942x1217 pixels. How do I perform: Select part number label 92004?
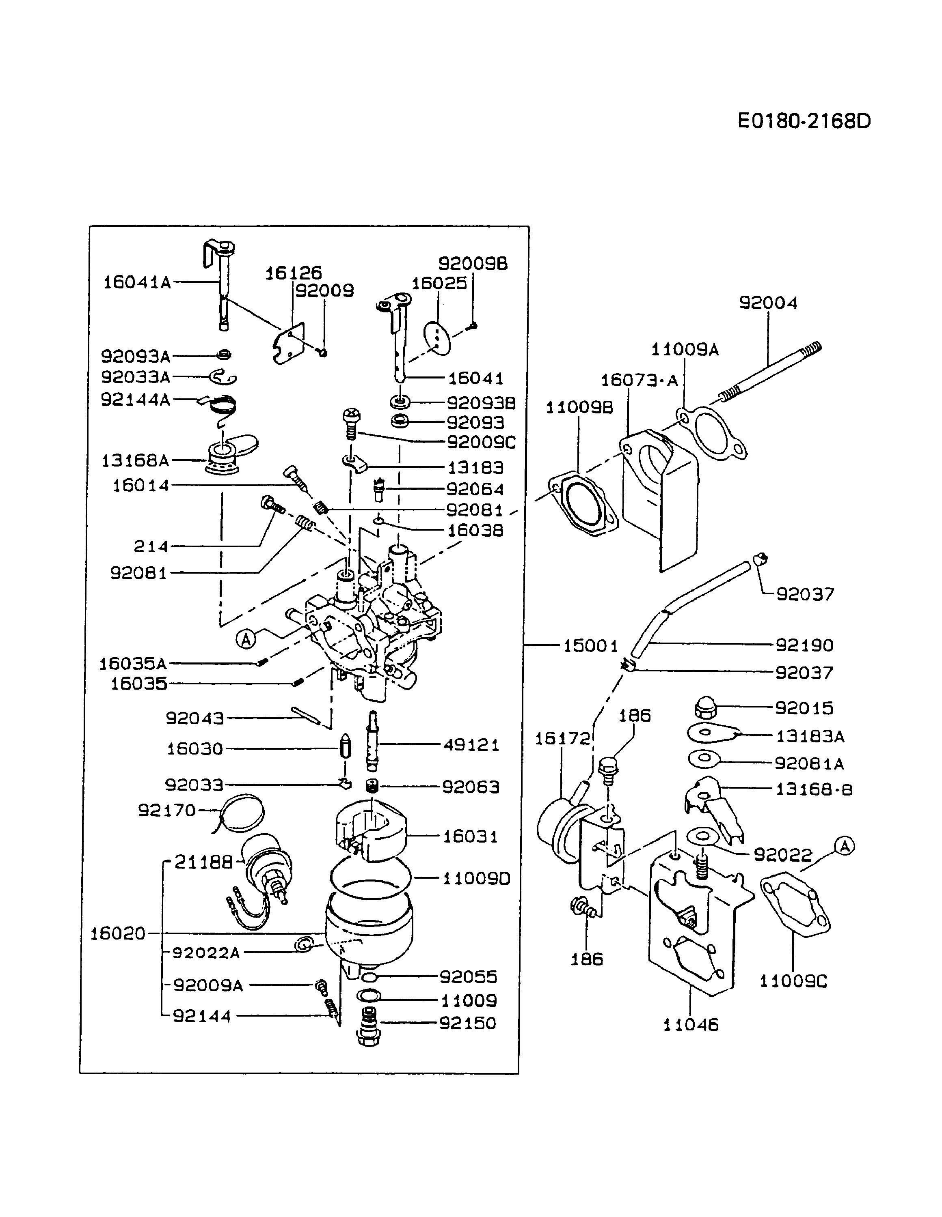pos(768,303)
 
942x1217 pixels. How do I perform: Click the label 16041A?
pos(137,282)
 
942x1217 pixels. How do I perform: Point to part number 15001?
pos(590,646)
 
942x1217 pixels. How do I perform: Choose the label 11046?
pos(691,1024)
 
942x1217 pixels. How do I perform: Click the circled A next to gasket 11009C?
pos(845,847)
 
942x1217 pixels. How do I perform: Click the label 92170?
pos(167,810)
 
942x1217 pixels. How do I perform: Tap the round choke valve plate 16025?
pos(437,338)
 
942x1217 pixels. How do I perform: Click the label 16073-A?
pos(639,381)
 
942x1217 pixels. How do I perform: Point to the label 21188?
pos(203,862)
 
